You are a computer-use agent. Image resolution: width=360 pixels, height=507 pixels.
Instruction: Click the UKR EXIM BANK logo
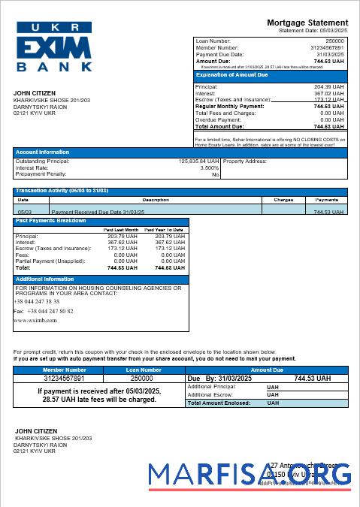(54, 47)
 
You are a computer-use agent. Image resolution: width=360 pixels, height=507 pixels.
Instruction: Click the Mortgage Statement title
(307, 23)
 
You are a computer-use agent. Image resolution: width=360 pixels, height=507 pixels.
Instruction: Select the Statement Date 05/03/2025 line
(313, 31)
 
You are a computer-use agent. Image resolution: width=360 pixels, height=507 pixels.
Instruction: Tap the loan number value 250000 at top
(335, 41)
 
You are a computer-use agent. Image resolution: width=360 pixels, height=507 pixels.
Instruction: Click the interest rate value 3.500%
(209, 167)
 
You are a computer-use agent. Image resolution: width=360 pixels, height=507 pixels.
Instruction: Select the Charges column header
(283, 200)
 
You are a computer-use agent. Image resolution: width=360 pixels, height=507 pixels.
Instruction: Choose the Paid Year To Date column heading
(165, 229)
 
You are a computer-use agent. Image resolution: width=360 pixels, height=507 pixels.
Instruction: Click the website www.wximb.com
(35, 320)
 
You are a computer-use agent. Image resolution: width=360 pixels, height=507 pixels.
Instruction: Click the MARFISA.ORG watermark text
(249, 475)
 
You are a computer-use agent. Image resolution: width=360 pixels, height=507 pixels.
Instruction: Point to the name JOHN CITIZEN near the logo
(35, 93)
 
